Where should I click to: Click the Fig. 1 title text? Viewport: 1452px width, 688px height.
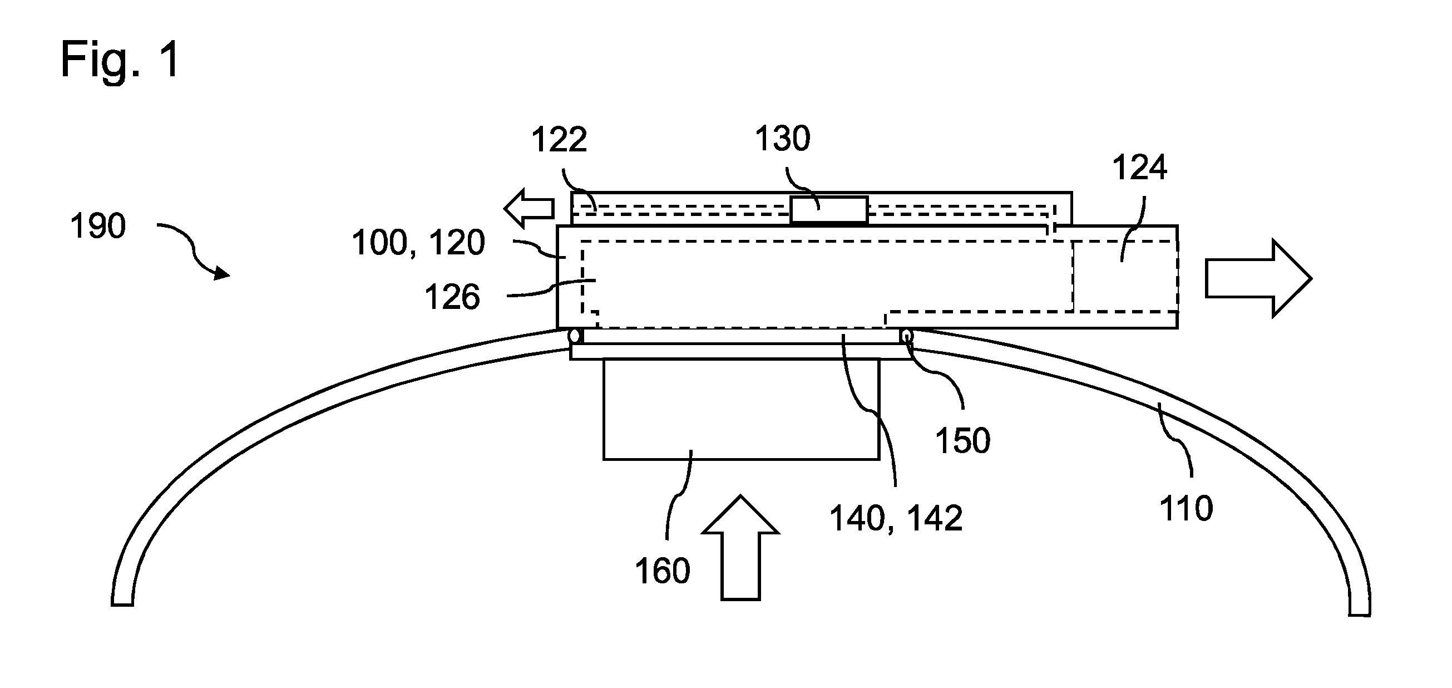[x=120, y=60]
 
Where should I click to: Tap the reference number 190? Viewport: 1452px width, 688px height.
[x=97, y=227]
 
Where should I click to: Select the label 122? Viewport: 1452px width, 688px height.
[x=559, y=139]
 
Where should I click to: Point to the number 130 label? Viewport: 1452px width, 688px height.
[x=782, y=138]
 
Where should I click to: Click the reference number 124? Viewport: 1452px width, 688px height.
[x=1139, y=168]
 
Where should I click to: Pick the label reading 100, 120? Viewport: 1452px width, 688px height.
[x=418, y=243]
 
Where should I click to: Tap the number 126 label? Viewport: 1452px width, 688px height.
[x=452, y=297]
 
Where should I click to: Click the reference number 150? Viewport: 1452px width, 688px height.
[x=963, y=440]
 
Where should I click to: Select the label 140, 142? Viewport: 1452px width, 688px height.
[x=896, y=518]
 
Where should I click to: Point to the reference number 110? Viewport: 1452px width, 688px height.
[x=1186, y=508]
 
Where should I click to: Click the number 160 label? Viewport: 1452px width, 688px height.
[x=663, y=571]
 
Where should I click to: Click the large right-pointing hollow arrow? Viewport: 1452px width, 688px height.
[x=1258, y=278]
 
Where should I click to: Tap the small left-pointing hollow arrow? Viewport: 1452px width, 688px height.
[x=529, y=209]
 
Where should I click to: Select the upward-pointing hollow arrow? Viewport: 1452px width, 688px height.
[x=740, y=547]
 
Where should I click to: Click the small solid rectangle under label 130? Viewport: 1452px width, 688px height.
[x=829, y=210]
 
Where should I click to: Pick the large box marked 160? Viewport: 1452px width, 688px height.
[x=741, y=409]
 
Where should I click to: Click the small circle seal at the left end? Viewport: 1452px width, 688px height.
[x=575, y=336]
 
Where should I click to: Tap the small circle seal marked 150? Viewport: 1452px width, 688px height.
[x=906, y=336]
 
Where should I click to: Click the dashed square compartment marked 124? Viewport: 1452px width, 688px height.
[x=1125, y=276]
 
